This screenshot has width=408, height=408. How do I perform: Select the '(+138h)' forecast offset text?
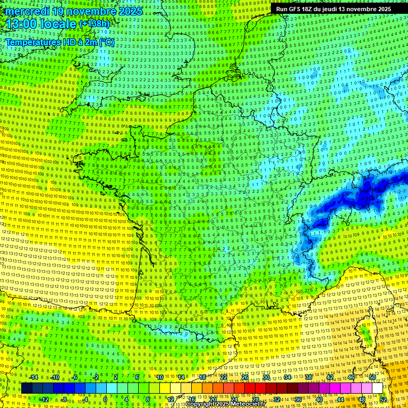(x=94, y=24)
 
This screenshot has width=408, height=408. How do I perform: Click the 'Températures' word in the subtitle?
(x=32, y=42)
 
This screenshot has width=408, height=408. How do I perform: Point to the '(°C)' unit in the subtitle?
(x=107, y=42)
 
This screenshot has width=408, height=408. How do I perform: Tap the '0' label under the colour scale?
(x=105, y=399)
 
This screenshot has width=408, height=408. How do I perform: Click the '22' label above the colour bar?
(x=224, y=377)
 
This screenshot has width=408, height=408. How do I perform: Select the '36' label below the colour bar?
(x=298, y=399)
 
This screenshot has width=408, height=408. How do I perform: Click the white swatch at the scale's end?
(x=377, y=388)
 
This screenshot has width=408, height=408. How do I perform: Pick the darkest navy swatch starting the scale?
(x=27, y=388)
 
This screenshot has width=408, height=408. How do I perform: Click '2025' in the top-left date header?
(x=130, y=11)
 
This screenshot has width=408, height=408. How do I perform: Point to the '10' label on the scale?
(x=159, y=377)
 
